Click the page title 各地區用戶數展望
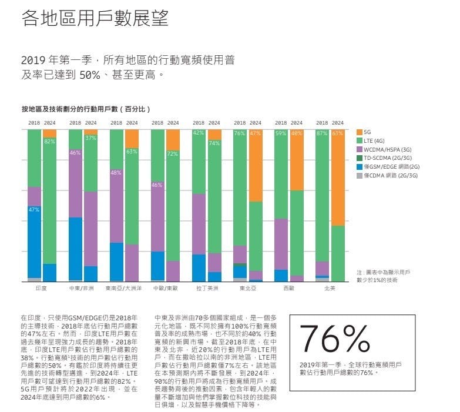tap(95, 19)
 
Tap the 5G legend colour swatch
tap(360, 133)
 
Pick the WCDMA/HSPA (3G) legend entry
tap(385, 150)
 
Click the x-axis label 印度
tap(41, 289)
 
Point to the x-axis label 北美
tap(330, 289)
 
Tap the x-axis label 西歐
tap(288, 289)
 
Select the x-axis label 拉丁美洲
tap(207, 289)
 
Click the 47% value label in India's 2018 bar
tap(34, 209)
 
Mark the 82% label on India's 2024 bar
tap(49, 142)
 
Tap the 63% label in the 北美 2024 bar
tap(338, 133)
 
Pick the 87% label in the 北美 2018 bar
tap(322, 133)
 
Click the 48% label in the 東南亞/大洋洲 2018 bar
tap(116, 173)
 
